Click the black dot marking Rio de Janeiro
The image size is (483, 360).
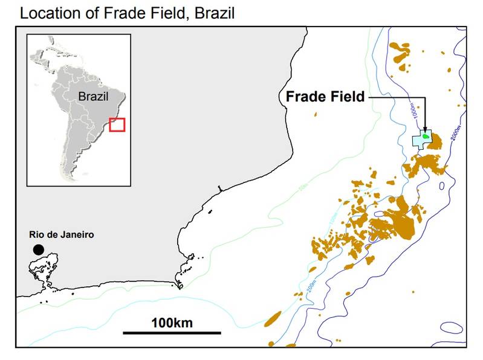tap(39, 249)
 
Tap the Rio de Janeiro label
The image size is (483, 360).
tap(61, 234)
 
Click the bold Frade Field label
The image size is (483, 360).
tap(325, 96)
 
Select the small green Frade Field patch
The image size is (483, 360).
tap(426, 137)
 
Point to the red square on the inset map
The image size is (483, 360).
tap(117, 124)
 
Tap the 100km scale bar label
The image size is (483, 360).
tap(172, 322)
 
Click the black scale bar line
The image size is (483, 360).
tap(172, 332)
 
